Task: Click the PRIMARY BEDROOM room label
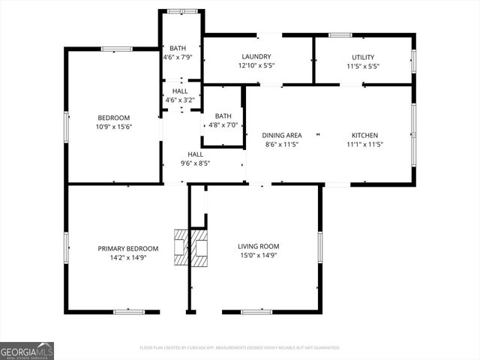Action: point(127,248)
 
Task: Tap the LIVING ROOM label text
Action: point(258,246)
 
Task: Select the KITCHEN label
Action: point(364,135)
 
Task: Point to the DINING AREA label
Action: point(281,135)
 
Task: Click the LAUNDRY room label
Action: point(256,57)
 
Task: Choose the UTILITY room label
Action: point(363,57)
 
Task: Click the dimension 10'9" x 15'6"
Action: point(114,127)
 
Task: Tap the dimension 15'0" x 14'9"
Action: point(258,255)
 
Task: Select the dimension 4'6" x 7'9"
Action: point(178,57)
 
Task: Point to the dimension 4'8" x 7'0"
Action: point(223,125)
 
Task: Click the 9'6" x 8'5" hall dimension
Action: point(195,163)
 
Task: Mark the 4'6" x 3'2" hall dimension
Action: point(180,99)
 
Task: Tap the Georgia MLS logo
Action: point(27,350)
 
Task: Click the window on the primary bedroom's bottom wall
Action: point(129,311)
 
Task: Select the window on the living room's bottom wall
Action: point(256,311)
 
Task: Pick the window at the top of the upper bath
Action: point(181,11)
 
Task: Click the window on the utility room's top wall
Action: point(340,34)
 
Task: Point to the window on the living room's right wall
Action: point(320,247)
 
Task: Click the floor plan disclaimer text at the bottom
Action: point(240,347)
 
